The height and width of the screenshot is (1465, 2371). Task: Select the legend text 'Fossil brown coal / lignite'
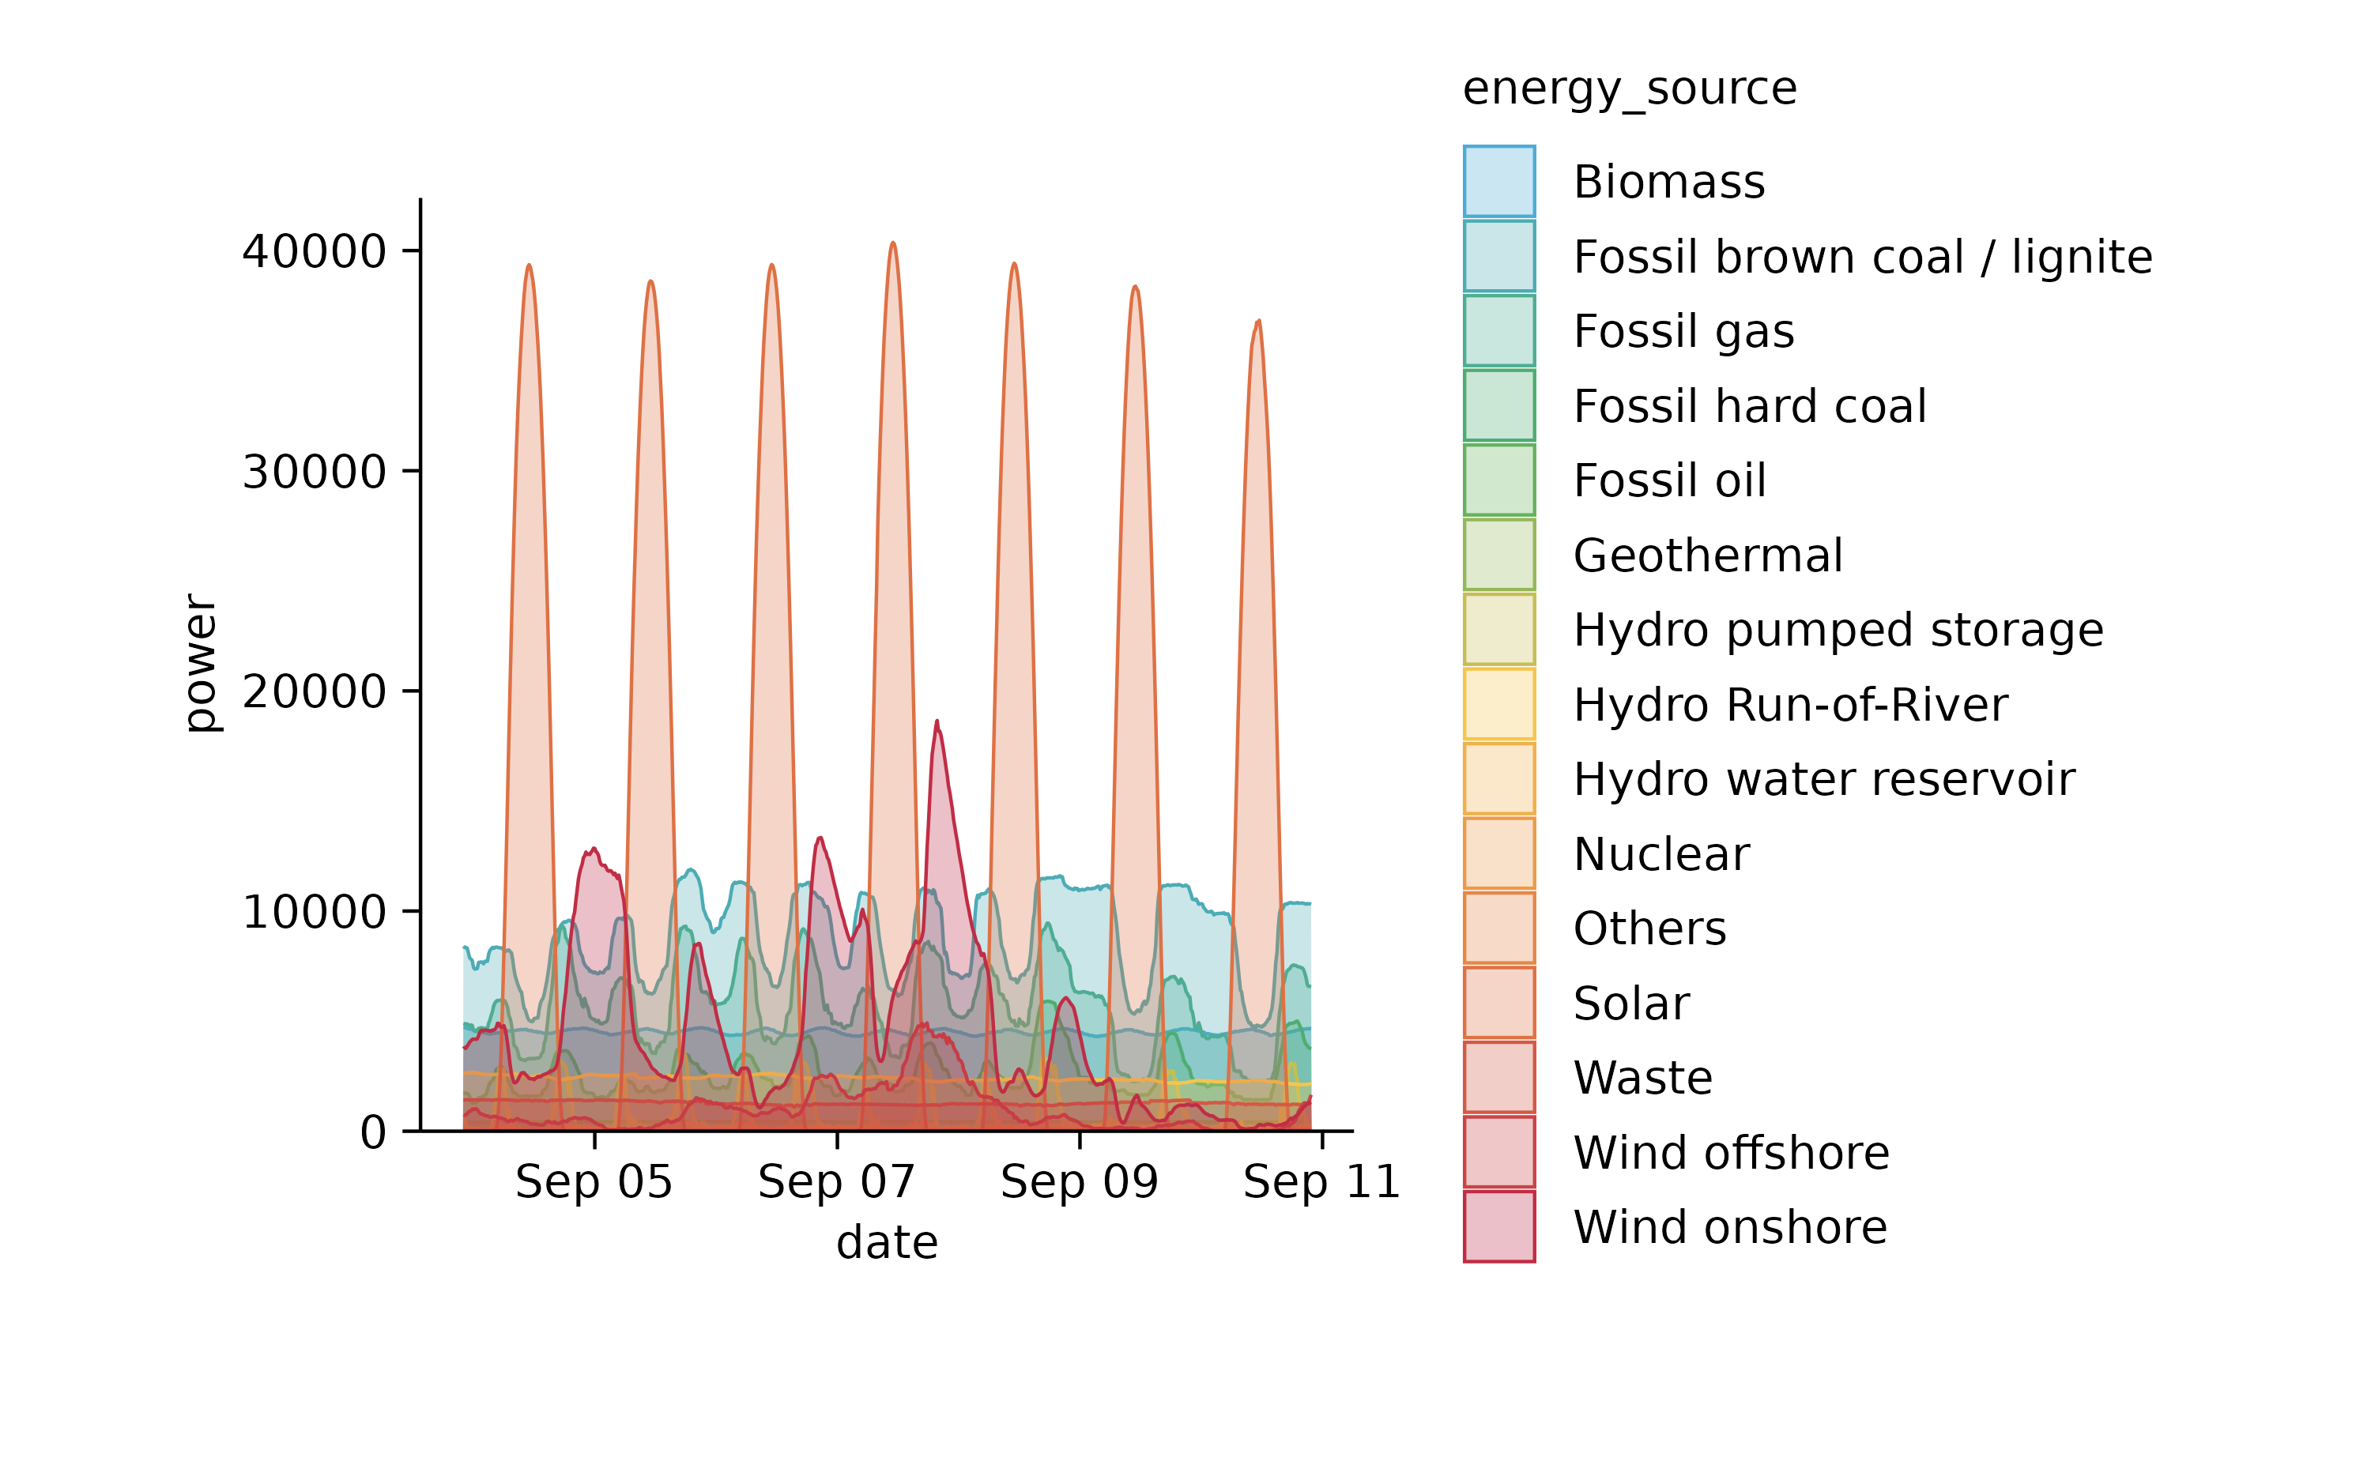(x=1861, y=257)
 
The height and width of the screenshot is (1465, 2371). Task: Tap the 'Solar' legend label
(x=1630, y=1003)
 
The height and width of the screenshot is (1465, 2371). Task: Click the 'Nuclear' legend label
(x=1660, y=853)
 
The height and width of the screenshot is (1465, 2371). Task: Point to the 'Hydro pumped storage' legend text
(x=1837, y=630)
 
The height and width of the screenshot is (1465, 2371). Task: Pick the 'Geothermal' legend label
(x=1707, y=555)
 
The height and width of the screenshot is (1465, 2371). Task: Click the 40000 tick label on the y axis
(x=314, y=252)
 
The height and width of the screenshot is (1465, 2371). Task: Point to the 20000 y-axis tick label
(x=314, y=692)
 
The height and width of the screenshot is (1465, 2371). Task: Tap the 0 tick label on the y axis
(x=373, y=1132)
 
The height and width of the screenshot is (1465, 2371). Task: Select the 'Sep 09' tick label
(x=1079, y=1182)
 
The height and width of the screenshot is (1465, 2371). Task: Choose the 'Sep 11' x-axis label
(x=1321, y=1182)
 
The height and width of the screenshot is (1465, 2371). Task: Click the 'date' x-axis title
(x=887, y=1242)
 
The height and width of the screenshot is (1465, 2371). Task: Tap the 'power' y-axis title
(x=201, y=664)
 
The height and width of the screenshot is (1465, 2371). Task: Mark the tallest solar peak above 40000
(x=892, y=244)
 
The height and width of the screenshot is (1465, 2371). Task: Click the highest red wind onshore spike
(x=936, y=723)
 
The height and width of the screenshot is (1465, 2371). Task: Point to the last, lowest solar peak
(x=1257, y=322)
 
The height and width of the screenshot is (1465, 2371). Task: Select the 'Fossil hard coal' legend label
(x=1749, y=406)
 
